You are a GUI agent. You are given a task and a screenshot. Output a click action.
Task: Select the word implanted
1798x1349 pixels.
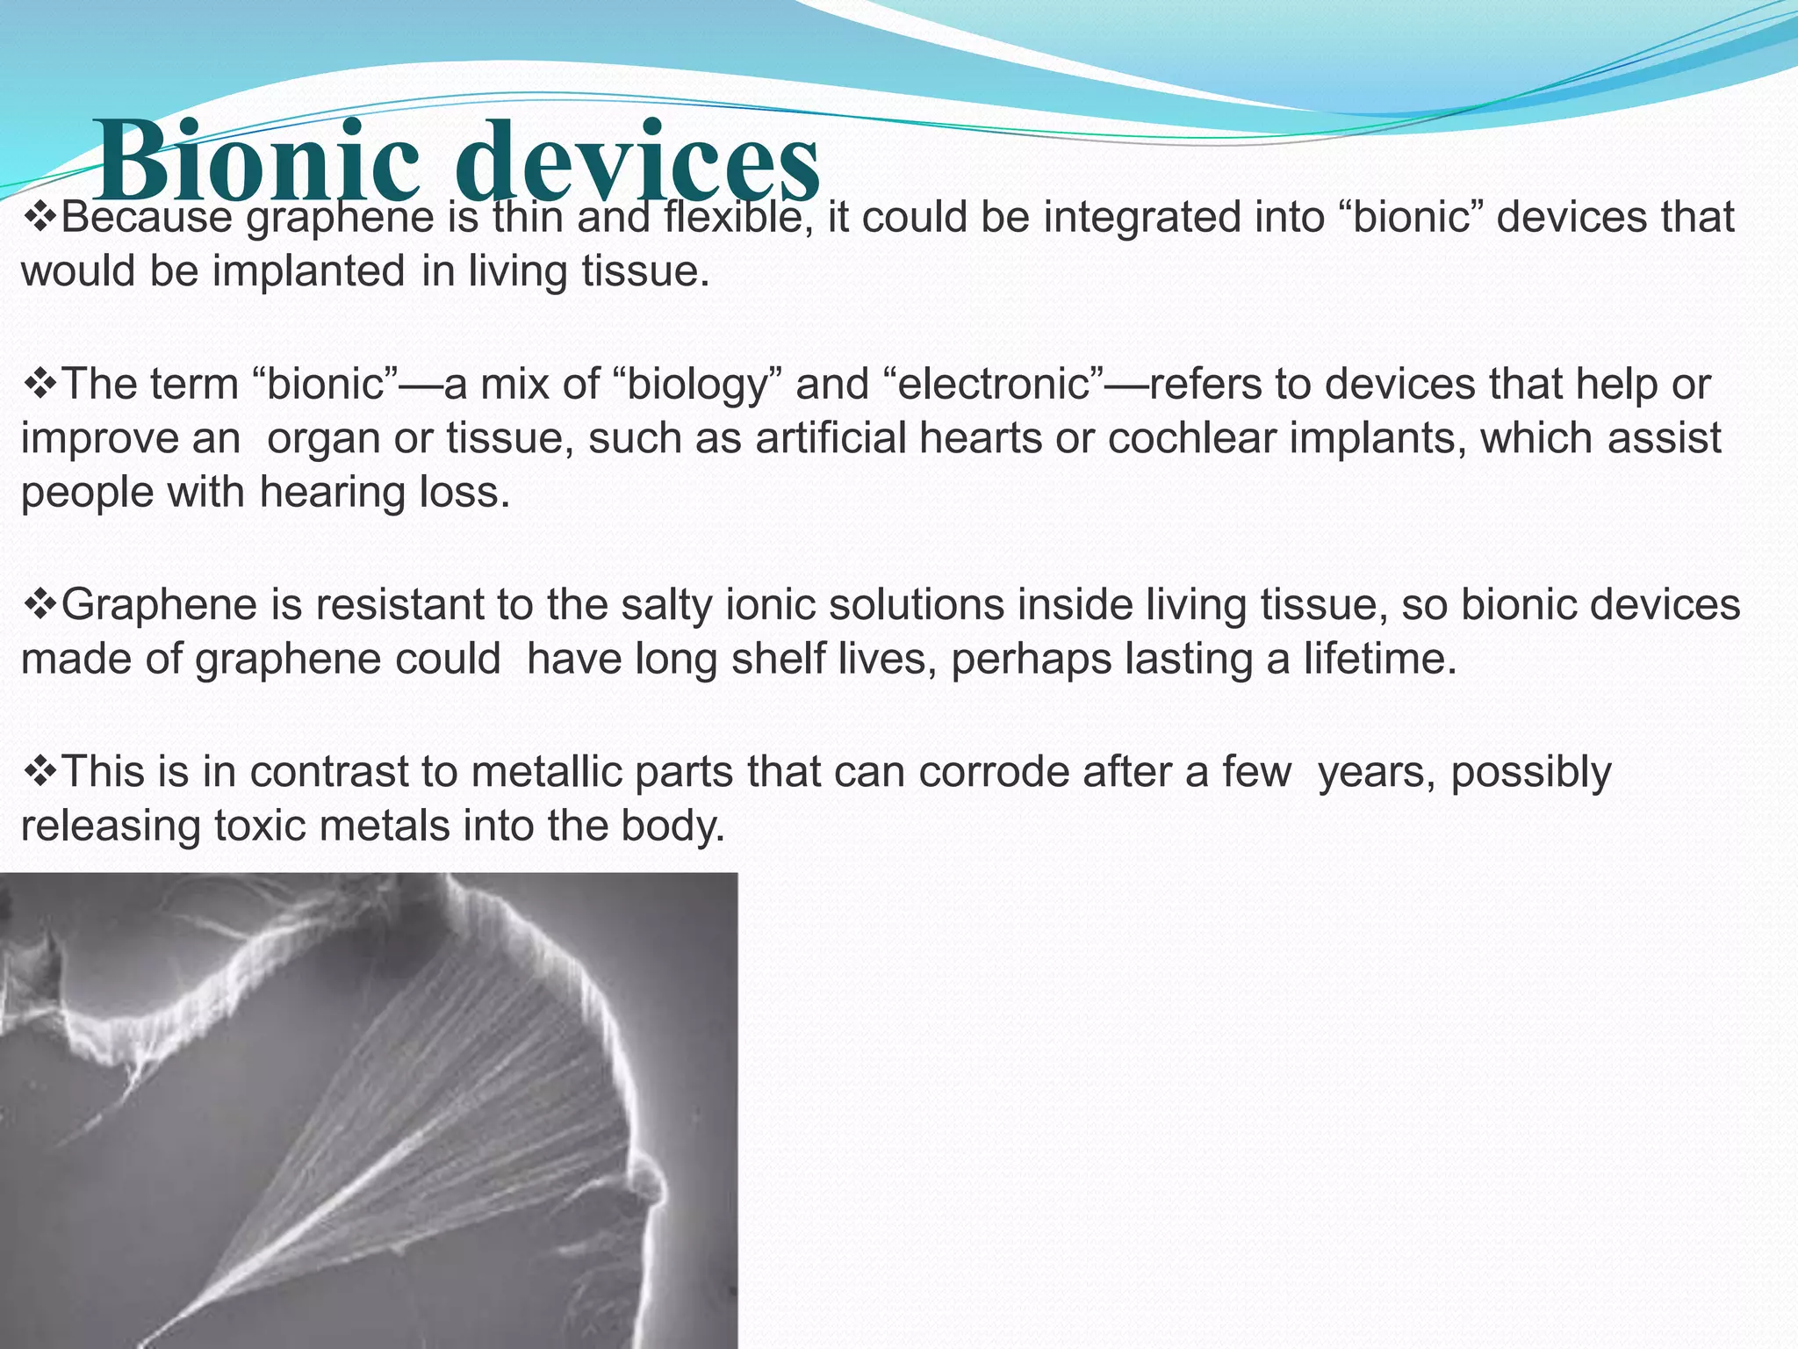[x=308, y=271]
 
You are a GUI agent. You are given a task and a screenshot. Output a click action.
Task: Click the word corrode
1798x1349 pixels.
[x=989, y=772]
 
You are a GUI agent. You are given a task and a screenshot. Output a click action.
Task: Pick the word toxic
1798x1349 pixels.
[x=262, y=826]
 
